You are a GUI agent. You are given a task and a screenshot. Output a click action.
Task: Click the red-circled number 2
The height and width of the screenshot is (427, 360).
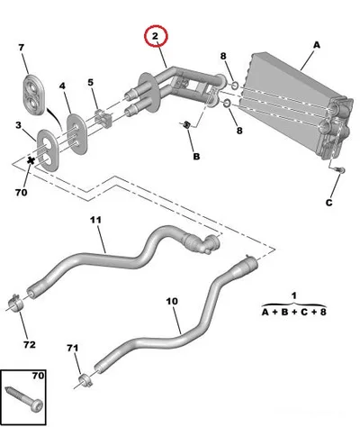[155, 36]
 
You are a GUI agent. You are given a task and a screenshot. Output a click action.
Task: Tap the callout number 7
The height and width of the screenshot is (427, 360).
[22, 48]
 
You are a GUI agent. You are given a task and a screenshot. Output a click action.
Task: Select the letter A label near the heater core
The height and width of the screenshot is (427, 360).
[317, 45]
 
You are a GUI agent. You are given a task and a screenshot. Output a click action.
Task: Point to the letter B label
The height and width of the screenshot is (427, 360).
[196, 157]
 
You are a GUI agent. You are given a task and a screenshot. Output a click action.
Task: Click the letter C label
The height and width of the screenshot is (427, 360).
[329, 203]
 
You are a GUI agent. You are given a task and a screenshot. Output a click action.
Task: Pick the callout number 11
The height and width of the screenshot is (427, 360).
[96, 220]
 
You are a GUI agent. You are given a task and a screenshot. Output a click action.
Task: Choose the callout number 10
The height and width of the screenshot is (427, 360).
[172, 301]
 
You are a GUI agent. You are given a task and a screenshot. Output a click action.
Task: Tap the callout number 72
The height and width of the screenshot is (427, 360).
[30, 344]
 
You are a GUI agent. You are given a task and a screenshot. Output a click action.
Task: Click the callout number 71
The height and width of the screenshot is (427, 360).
[72, 349]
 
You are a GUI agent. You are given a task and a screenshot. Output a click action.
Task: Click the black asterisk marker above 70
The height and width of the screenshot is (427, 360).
[31, 160]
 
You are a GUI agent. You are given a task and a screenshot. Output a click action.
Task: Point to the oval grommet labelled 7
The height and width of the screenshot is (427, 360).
[33, 95]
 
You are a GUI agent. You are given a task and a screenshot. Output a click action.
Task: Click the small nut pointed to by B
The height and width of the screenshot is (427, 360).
[186, 124]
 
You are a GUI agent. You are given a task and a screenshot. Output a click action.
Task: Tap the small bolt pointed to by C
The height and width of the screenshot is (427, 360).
[341, 170]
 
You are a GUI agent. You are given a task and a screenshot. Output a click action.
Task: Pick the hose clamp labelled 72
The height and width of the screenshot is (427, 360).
[17, 303]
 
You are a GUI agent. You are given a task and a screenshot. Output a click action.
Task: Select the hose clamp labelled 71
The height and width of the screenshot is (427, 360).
[85, 380]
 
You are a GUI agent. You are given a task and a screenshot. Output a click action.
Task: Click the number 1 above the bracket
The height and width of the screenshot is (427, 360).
[294, 295]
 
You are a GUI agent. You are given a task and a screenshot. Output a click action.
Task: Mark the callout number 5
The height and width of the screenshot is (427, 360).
[90, 82]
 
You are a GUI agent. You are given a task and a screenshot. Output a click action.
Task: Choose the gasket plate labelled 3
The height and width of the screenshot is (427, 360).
[48, 150]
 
